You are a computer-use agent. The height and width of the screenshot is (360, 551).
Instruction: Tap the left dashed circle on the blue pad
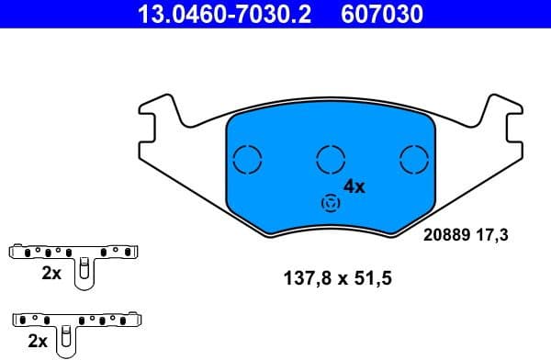point(248,160)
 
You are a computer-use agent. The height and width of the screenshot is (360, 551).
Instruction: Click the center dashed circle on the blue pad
point(331,160)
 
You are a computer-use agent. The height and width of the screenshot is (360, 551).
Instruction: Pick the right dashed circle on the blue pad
point(414,160)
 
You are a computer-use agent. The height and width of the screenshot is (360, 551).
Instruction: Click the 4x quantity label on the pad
point(354,186)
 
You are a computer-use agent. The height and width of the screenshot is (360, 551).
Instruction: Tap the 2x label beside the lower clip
point(39,341)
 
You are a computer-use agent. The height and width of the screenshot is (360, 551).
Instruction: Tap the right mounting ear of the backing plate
point(504,128)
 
